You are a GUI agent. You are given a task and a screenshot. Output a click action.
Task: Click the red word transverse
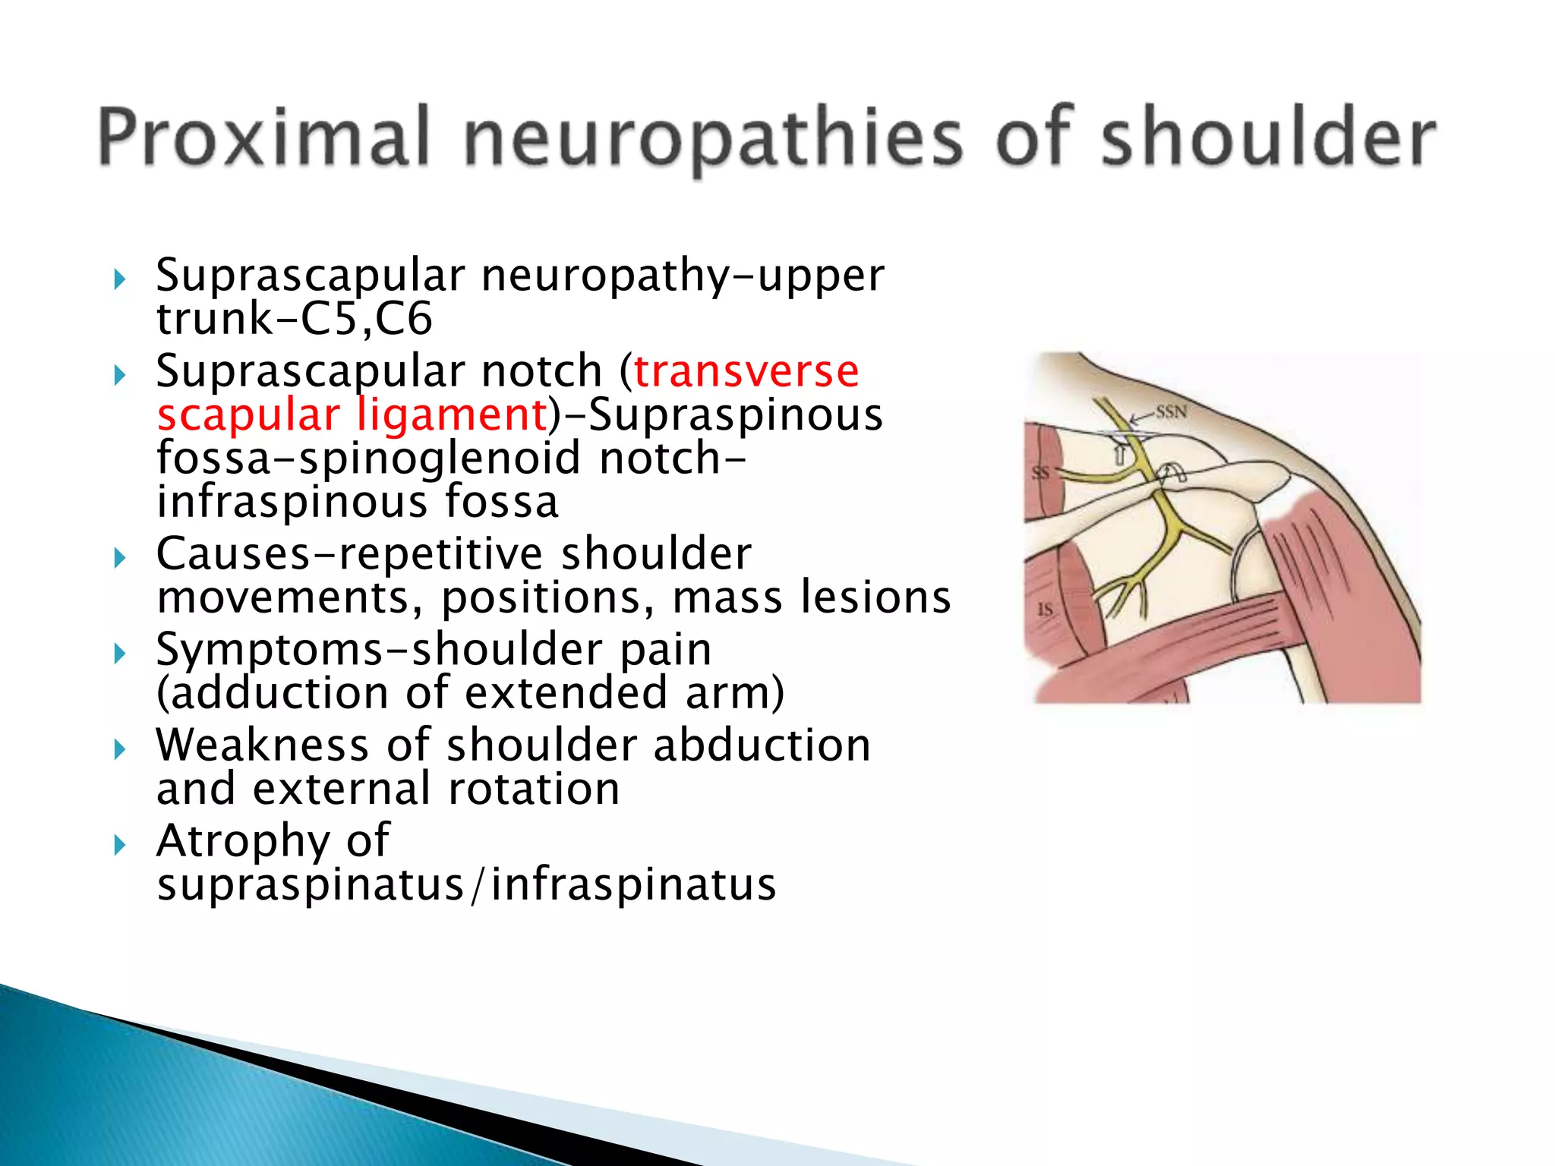746,371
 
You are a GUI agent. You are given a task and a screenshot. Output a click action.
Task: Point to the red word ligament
452,415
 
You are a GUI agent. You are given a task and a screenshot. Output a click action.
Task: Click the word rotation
534,789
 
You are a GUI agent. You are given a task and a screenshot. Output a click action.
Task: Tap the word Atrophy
242,841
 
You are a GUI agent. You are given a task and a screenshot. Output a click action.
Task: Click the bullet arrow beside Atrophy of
119,844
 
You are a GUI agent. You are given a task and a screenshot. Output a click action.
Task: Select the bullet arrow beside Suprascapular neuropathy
119,279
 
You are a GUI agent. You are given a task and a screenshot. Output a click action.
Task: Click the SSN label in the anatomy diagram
1172,412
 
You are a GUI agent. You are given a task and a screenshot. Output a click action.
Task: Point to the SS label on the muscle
1040,473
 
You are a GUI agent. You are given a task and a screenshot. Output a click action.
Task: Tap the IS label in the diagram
1045,609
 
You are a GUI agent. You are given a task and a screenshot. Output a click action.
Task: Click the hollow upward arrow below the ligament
1118,455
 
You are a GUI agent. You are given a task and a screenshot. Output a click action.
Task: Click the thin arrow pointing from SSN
1142,417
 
